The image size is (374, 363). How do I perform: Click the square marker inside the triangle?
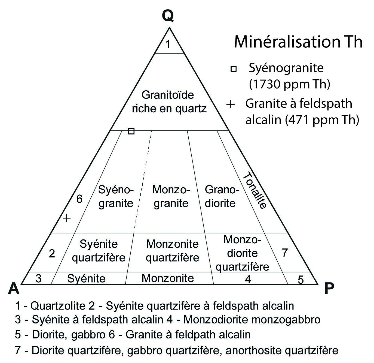[131, 131]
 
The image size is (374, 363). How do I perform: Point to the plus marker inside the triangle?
[67, 218]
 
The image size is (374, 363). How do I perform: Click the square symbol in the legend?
[234, 69]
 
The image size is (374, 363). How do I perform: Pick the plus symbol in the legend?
[231, 104]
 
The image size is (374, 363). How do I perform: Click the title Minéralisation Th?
[298, 42]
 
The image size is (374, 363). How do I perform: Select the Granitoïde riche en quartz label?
[169, 102]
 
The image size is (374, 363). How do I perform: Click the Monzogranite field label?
[171, 196]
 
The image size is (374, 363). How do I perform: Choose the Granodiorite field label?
[221, 196]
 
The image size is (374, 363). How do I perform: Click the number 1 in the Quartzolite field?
[168, 44]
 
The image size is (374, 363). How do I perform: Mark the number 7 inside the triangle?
[284, 253]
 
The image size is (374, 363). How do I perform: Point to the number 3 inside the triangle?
[39, 279]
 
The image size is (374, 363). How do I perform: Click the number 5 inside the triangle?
[301, 280]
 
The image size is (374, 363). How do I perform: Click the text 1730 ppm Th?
[289, 85]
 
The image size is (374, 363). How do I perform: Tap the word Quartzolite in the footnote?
[62, 306]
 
